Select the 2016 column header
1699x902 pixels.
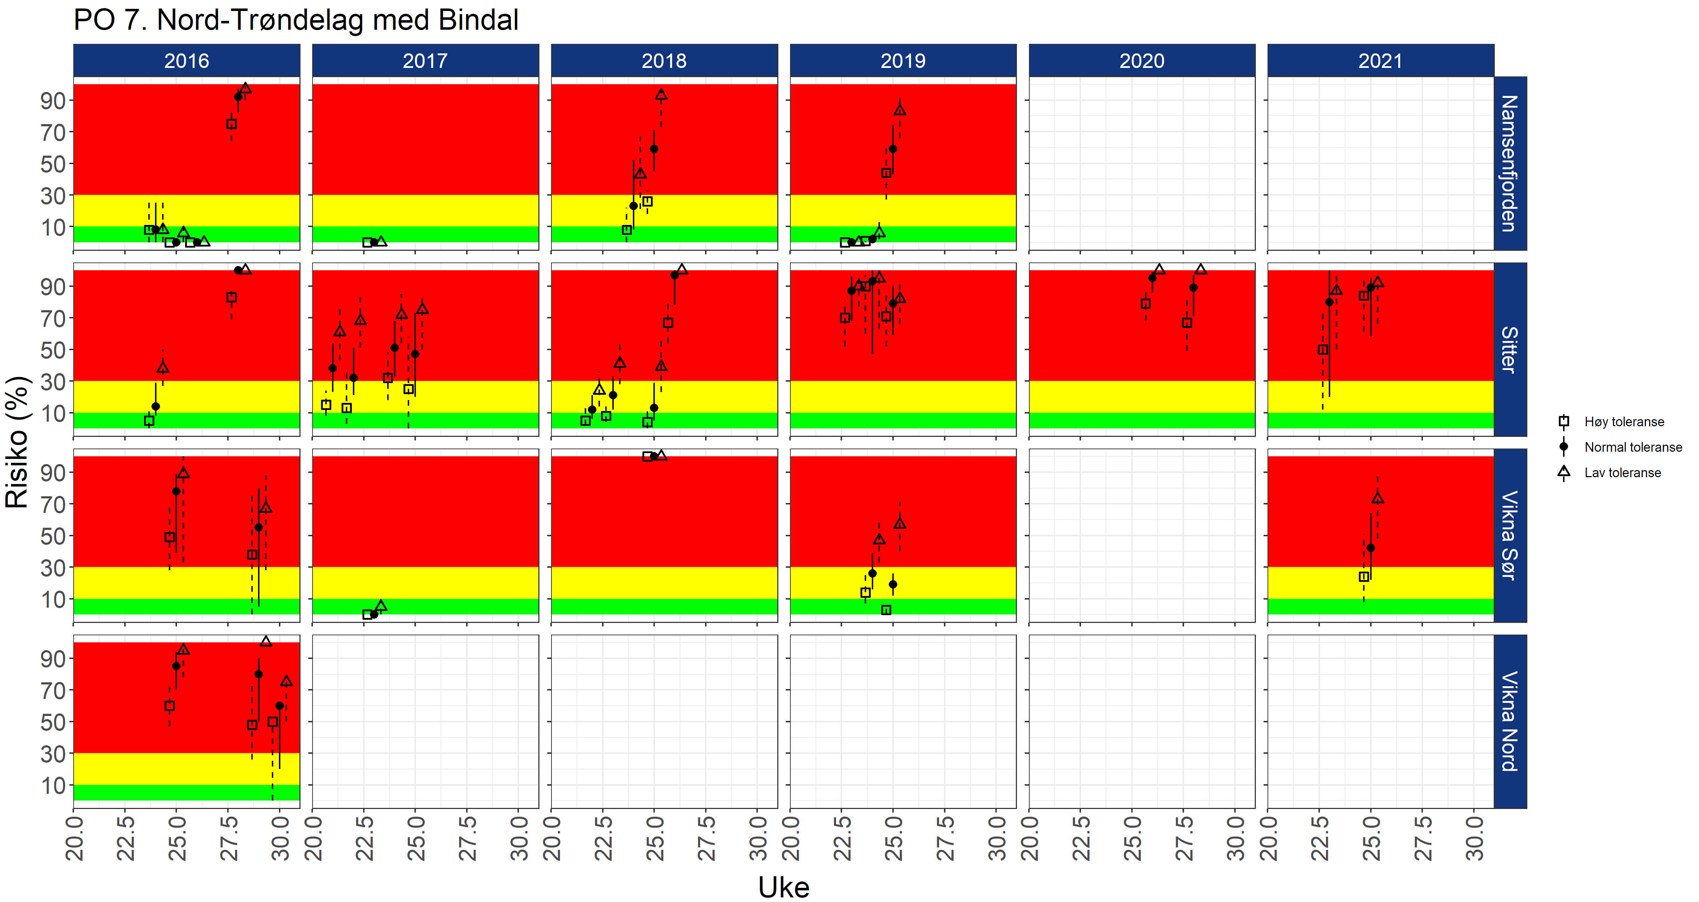click(x=187, y=60)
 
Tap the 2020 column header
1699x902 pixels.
click(x=1142, y=60)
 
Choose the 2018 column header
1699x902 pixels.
click(x=664, y=60)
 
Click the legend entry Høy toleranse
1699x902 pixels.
click(x=1624, y=422)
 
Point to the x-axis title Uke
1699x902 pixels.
click(x=784, y=887)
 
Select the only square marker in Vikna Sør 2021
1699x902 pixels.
click(x=1363, y=577)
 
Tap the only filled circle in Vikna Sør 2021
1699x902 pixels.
click(x=1371, y=548)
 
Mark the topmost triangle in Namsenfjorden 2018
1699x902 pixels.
click(x=661, y=95)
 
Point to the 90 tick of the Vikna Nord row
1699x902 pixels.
click(x=53, y=659)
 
